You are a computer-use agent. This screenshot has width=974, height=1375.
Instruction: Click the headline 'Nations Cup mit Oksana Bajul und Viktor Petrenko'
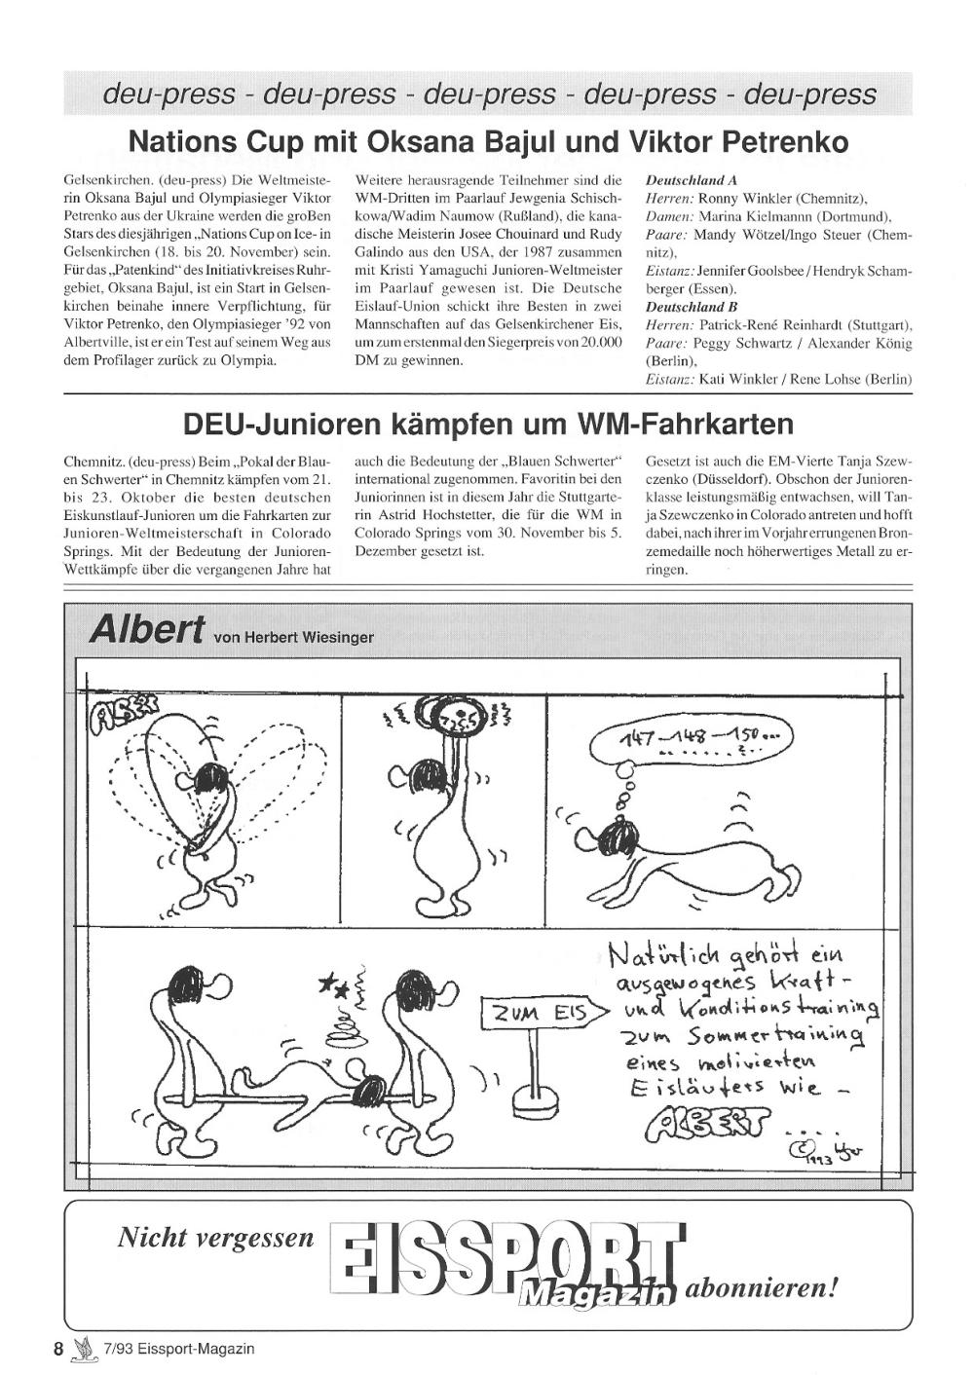pyautogui.click(x=488, y=142)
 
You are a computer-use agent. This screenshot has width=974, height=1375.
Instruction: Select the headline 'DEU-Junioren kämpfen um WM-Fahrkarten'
pyautogui.click(x=488, y=425)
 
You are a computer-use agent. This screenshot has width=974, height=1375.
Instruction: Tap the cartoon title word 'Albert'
pyautogui.click(x=147, y=630)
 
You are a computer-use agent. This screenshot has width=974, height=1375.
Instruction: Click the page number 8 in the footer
pyautogui.click(x=58, y=1349)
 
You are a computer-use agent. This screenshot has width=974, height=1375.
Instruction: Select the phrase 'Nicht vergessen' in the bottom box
pyautogui.click(x=216, y=1238)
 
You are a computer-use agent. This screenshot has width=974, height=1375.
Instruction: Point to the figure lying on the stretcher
pyautogui.click(x=321, y=1076)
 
